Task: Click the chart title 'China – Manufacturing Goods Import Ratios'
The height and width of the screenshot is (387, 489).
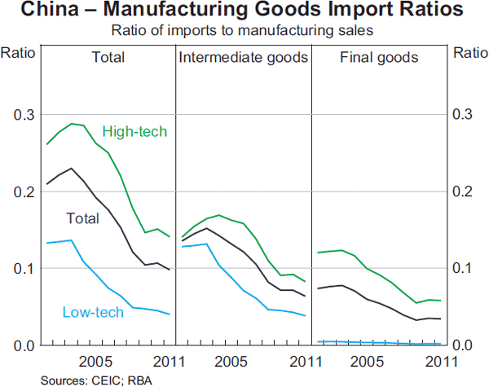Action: coord(244,11)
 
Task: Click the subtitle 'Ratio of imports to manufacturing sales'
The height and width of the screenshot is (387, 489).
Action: coord(244,32)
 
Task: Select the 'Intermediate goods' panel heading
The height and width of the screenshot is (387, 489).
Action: coord(243,58)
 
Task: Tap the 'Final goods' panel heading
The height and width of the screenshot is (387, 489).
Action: coord(379,58)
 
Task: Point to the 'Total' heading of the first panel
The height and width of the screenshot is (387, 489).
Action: coord(108,58)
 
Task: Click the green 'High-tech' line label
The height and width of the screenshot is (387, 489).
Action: coord(134,131)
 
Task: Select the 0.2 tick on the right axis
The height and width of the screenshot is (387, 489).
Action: coord(462,191)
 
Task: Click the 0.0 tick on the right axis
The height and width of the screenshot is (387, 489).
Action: coord(462,345)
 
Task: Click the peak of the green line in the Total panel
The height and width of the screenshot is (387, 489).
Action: coord(72,124)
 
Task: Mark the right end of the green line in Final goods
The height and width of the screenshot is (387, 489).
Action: coord(441,301)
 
